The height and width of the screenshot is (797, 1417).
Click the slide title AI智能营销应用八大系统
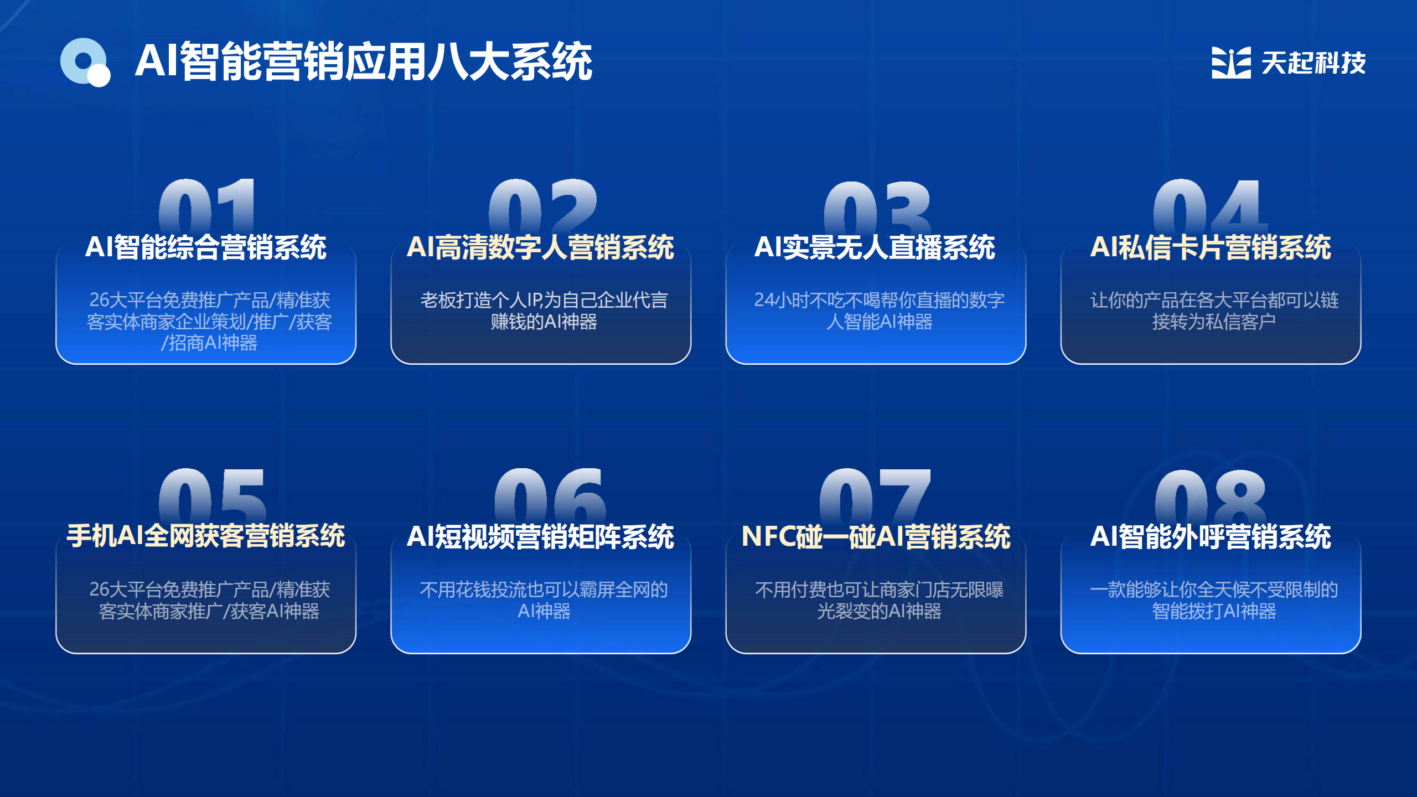(364, 61)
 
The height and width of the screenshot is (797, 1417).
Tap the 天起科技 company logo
(1288, 63)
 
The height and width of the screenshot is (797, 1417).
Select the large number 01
(207, 206)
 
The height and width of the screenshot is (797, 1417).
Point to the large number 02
(542, 206)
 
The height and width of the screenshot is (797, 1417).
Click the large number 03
(877, 207)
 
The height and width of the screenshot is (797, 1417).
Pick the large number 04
(1211, 206)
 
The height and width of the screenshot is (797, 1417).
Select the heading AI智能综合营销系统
(206, 247)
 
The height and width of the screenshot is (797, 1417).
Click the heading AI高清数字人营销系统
(540, 247)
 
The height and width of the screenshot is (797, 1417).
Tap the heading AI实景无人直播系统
(875, 247)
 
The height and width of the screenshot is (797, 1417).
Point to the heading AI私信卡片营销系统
(1211, 247)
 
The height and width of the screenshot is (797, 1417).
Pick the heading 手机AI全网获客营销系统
(206, 536)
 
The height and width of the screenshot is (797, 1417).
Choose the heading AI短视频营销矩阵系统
(540, 536)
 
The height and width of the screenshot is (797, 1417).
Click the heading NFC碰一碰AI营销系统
(876, 536)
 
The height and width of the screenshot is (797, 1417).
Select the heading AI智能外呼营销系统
(1211, 536)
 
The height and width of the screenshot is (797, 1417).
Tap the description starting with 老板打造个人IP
(544, 310)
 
